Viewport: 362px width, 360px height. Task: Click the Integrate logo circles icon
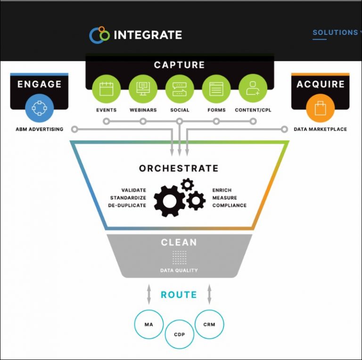99,35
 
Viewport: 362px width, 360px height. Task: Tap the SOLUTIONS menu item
335,33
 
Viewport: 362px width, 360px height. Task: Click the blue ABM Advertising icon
40,108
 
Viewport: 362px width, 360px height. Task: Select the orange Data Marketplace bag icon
321,108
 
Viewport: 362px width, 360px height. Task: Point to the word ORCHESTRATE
179,169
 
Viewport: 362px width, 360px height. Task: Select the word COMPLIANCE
230,205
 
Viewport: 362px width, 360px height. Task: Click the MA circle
148,325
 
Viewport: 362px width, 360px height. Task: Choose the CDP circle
180,335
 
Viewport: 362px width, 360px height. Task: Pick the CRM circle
209,324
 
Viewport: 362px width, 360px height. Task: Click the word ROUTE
179,295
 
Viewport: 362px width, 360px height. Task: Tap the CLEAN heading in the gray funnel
179,243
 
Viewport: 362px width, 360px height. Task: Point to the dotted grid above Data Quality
179,257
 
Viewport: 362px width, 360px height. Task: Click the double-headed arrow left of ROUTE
149,295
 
